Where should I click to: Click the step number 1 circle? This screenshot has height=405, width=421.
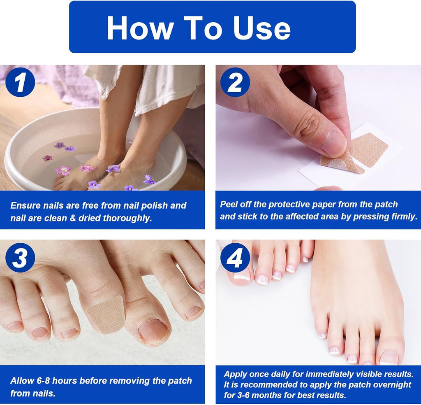pyautogui.click(x=20, y=82)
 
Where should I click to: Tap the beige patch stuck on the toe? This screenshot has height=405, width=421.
pyautogui.click(x=106, y=314)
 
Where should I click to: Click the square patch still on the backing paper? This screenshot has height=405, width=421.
pyautogui.click(x=368, y=149)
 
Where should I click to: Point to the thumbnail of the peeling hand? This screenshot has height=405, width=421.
pyautogui.click(x=335, y=144)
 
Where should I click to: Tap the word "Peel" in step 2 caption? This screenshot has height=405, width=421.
pyautogui.click(x=229, y=204)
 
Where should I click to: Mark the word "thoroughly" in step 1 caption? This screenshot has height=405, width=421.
pyautogui.click(x=127, y=218)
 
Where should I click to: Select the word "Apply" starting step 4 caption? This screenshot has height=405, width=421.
pyautogui.click(x=236, y=374)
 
